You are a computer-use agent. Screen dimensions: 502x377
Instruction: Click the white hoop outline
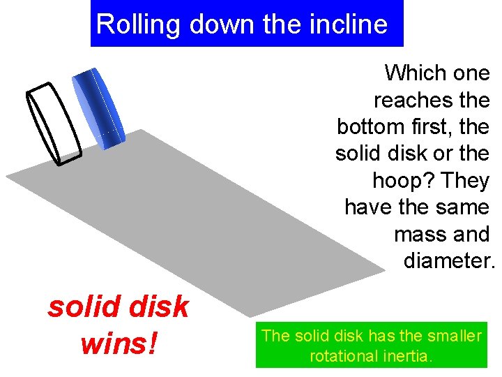54,124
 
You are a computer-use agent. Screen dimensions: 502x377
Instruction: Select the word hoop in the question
396,181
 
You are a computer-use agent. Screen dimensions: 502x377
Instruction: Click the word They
466,181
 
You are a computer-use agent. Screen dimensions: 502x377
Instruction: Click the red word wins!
119,343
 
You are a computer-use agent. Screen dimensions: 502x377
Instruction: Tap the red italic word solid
77,307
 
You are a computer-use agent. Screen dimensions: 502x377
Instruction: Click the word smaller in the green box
456,336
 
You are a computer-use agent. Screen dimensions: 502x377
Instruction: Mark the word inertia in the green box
406,356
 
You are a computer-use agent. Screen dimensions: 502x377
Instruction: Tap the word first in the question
429,127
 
